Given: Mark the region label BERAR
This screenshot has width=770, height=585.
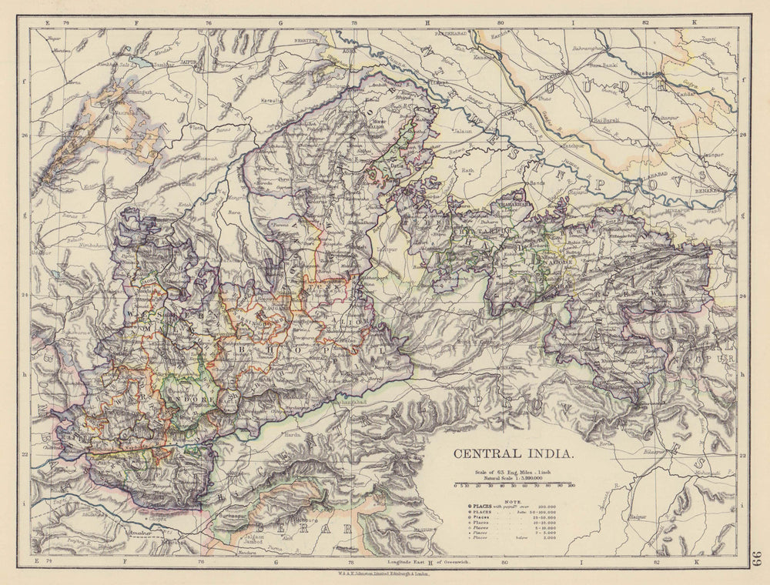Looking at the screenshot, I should click(313, 528).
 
